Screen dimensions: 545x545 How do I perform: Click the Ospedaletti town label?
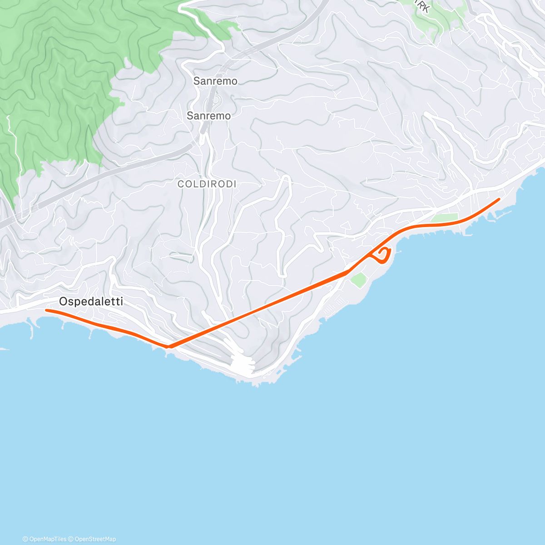tap(91, 302)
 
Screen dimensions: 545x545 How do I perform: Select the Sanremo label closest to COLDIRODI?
tap(208, 116)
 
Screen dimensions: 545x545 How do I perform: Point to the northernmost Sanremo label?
tap(215, 81)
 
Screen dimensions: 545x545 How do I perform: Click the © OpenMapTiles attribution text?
tap(45, 539)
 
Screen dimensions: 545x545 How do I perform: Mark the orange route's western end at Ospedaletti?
tap(46, 310)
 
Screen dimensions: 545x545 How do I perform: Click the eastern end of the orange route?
tap(499, 199)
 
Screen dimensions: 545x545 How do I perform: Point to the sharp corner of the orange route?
tap(169, 347)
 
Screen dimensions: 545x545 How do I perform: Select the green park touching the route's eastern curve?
tap(446, 218)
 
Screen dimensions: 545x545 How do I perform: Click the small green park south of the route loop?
tap(359, 280)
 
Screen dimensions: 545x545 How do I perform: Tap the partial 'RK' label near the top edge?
tap(422, 7)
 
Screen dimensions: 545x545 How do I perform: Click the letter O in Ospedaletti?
tap(63, 302)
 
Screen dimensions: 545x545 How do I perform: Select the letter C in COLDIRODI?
tap(180, 184)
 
